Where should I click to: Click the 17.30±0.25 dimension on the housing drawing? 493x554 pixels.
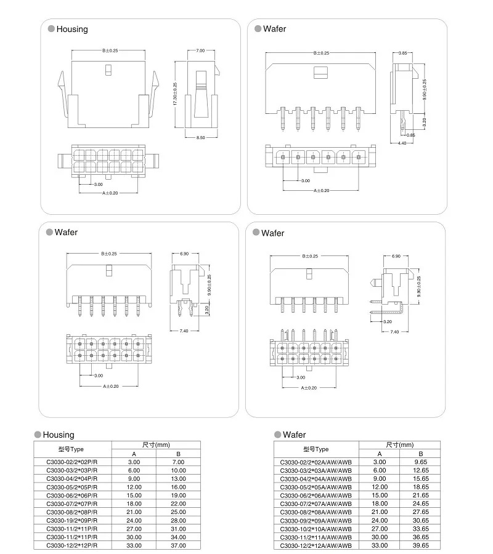176,94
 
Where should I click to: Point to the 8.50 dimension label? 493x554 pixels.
201,137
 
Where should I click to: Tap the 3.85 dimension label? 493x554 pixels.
402,54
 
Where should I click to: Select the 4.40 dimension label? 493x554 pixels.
402,143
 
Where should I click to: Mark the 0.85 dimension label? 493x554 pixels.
411,135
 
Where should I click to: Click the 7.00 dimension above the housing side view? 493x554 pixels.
200,50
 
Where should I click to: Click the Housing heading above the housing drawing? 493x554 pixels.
72,29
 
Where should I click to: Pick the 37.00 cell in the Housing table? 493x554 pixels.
178,545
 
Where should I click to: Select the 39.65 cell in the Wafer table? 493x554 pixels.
420,545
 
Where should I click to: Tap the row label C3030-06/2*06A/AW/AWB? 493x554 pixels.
316,495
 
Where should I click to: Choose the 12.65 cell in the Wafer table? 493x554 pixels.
420,470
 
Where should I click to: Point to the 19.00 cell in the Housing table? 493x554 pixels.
178,495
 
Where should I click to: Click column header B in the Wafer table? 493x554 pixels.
420,453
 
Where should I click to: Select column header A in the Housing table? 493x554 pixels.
134,453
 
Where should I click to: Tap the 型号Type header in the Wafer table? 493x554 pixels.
316,449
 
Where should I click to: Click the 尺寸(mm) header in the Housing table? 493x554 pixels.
156,444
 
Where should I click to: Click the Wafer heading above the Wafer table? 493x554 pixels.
294,435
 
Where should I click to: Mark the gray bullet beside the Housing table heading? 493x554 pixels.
38,435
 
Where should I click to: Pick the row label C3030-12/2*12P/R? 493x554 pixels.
71,545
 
